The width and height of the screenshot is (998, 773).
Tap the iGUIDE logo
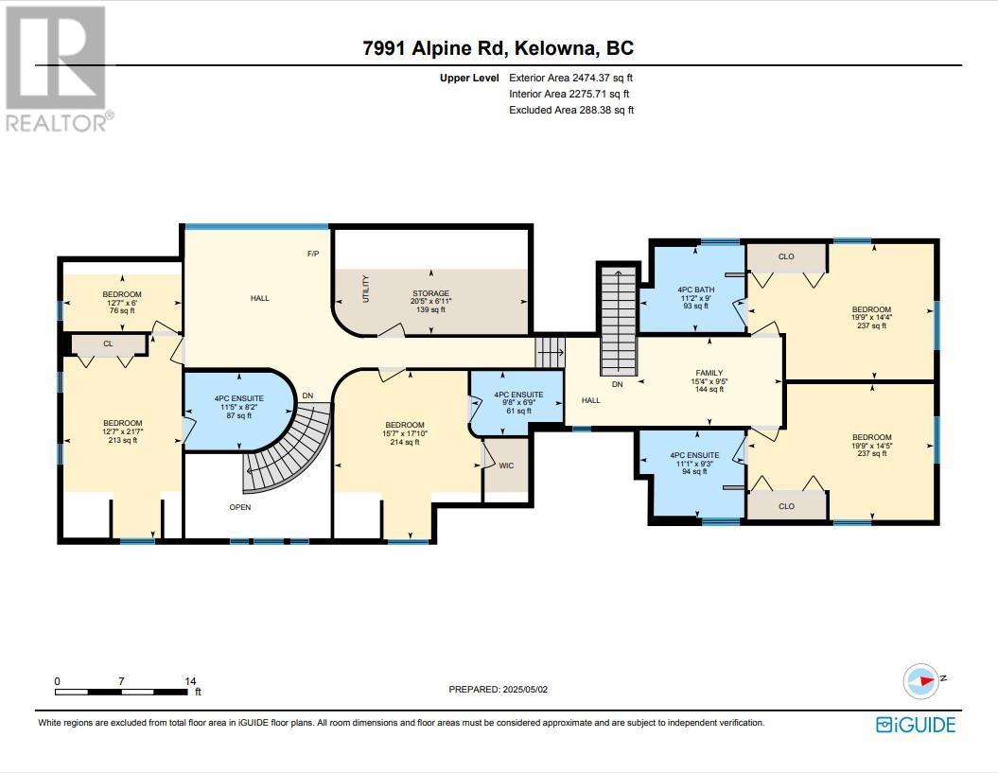[915, 725]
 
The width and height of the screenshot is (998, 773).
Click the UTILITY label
[366, 288]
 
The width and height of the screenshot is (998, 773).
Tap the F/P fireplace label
[313, 254]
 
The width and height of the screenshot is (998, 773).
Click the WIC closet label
[506, 466]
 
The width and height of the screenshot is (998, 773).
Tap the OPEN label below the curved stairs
[240, 507]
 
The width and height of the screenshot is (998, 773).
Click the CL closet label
[109, 344]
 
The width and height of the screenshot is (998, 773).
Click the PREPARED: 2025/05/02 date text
[498, 690]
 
